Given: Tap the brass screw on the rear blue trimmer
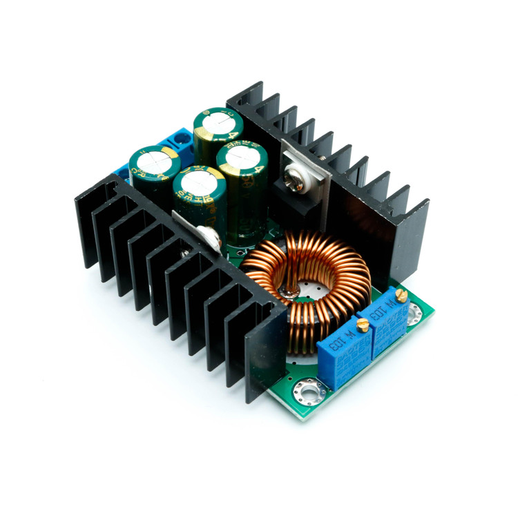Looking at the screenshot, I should [401, 295].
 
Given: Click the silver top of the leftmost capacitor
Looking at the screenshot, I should [153, 160].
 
